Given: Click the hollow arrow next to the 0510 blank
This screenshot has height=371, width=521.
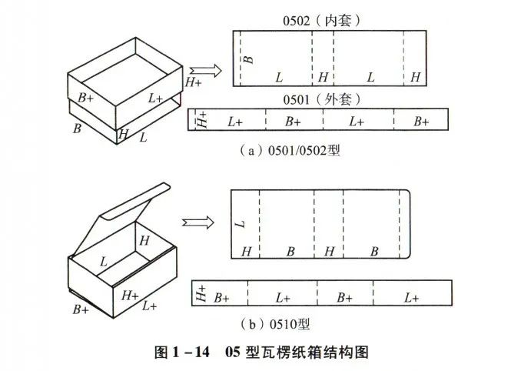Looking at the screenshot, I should [198, 222].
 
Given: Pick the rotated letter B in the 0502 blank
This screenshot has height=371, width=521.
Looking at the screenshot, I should [247, 58].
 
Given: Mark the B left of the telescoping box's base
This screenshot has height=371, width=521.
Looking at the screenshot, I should [77, 128].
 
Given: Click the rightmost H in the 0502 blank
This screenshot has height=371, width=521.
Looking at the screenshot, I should [416, 77].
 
